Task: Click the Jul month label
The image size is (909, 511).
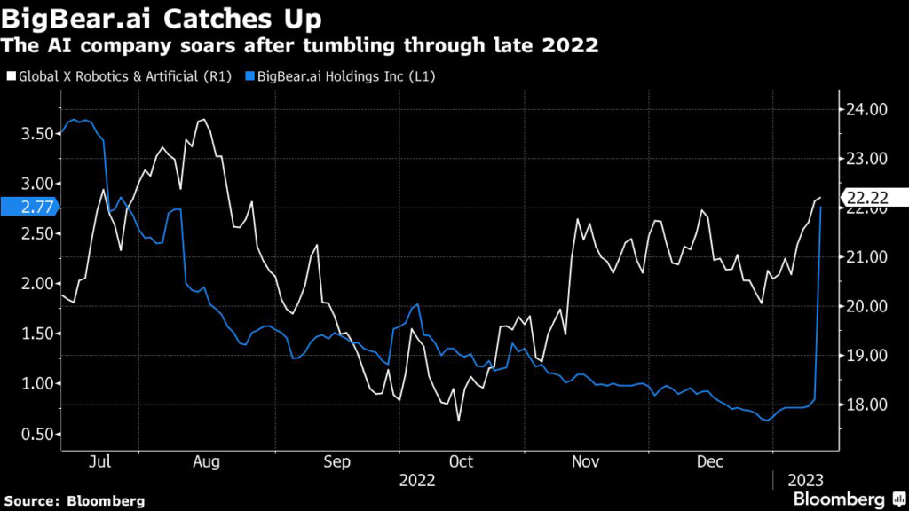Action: tap(100, 461)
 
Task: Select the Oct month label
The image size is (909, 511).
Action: tap(461, 461)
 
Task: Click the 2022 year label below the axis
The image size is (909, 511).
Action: tap(418, 480)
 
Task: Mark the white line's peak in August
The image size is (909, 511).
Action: tap(204, 119)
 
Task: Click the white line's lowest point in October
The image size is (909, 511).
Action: tap(459, 420)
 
